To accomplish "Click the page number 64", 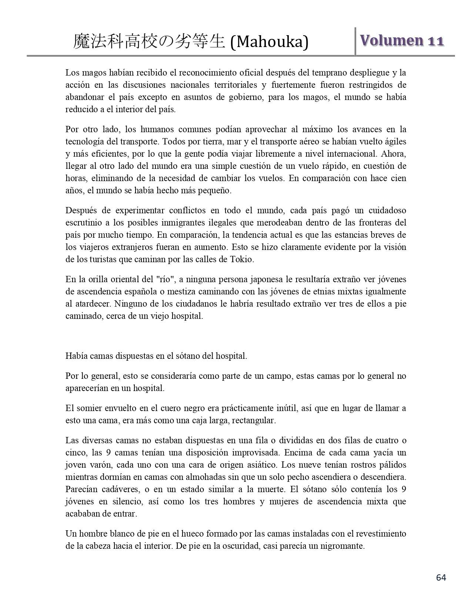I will (441, 577).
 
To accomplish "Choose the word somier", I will (88, 408).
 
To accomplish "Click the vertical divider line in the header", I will (355, 41).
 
